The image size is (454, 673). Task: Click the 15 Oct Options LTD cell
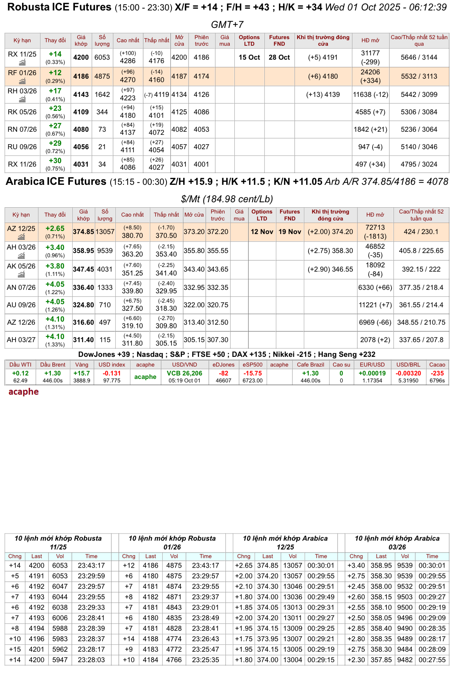[249, 57]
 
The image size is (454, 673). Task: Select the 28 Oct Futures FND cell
[279, 57]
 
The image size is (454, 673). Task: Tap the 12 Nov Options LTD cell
[262, 232]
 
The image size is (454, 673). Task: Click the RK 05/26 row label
[22, 112]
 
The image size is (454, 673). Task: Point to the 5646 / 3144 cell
[419, 57]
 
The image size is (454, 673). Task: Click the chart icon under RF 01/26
[23, 81]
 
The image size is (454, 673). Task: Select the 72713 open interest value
[375, 227]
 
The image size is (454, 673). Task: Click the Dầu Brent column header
[53, 365]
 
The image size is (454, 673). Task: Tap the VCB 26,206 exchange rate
[184, 373]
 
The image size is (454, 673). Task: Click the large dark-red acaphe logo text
[24, 392]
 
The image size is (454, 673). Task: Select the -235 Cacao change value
[437, 373]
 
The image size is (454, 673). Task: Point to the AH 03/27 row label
[21, 340]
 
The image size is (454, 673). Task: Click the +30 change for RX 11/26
[55, 161]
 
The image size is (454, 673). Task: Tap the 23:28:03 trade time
[91, 660]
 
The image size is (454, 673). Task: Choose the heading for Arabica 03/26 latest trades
[397, 542]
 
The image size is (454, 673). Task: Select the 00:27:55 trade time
[432, 660]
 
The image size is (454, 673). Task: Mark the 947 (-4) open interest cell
[370, 147]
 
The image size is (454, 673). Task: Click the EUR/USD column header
[372, 365]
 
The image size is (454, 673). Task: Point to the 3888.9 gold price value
[81, 380]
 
